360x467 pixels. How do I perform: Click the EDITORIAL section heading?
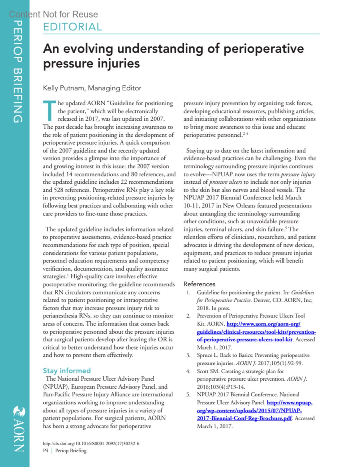pyautogui.click(x=72, y=27)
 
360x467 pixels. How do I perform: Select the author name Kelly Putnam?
pyautogui.click(x=64, y=88)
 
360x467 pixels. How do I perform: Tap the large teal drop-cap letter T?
pyautogui.click(x=49, y=111)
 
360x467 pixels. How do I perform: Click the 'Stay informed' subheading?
pyautogui.click(x=67, y=370)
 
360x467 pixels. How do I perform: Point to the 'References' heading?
pyautogui.click(x=199, y=284)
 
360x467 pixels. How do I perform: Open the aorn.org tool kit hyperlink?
pyautogui.click(x=256, y=332)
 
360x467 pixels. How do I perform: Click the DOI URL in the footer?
pyautogui.click(x=91, y=443)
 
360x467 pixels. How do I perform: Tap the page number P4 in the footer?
pyautogui.click(x=46, y=451)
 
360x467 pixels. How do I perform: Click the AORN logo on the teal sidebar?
pyautogui.click(x=19, y=429)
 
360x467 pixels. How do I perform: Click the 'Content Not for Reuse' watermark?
pyautogui.click(x=53, y=14)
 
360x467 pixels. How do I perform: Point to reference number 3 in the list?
pyautogui.click(x=188, y=355)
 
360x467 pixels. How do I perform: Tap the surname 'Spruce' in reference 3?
pyautogui.click(x=205, y=355)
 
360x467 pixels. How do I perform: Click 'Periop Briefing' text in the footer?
pyautogui.click(x=71, y=451)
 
